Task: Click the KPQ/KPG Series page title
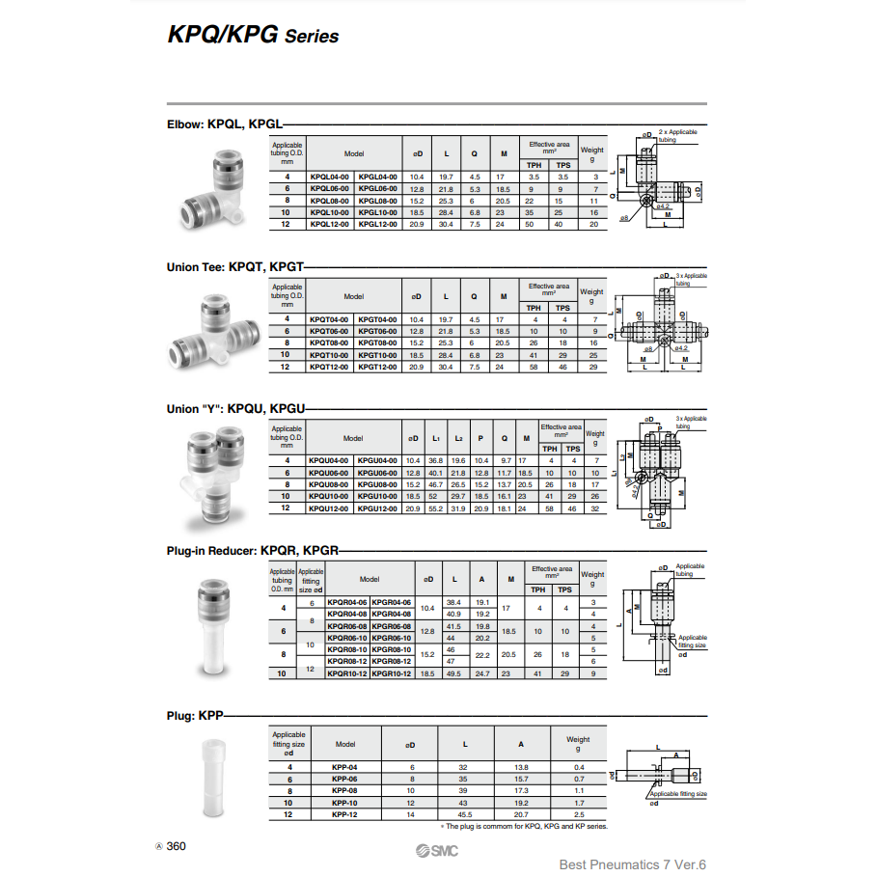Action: (254, 36)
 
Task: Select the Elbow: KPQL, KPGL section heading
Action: (224, 124)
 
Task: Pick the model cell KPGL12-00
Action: (377, 224)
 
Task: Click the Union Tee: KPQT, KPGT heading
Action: (235, 265)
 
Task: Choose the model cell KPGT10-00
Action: (377, 355)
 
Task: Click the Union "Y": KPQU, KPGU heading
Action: (235, 409)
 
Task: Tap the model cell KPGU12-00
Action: (377, 508)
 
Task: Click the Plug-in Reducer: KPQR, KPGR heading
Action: (253, 551)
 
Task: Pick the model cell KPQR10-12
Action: (347, 673)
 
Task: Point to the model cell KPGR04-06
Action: (393, 603)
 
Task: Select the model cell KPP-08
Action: (344, 790)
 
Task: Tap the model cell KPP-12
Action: (344, 814)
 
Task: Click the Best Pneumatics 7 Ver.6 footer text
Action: (633, 863)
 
